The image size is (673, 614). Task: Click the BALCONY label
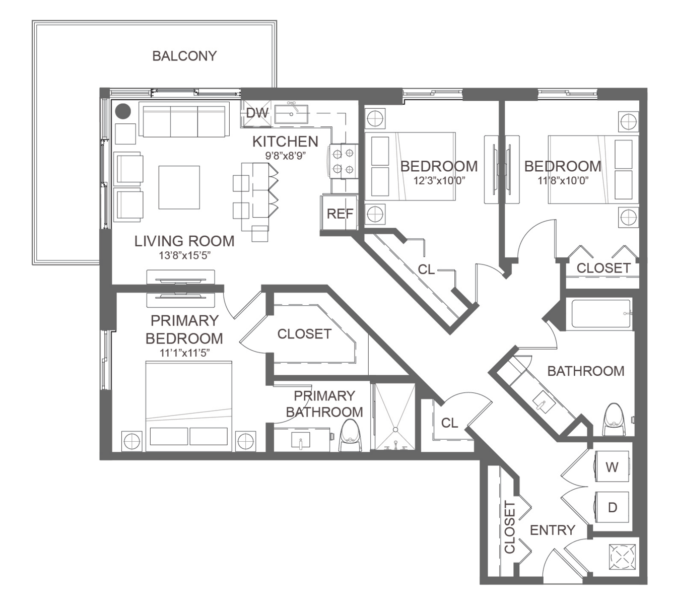[184, 56]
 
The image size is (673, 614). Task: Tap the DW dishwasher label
[257, 113]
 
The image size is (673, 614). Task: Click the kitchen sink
[291, 114]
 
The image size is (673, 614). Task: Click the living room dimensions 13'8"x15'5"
[184, 256]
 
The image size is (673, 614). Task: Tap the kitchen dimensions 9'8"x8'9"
[286, 156]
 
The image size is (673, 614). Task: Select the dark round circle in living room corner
[123, 111]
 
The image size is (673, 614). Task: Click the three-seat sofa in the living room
[184, 119]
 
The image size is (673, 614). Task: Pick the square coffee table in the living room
[179, 187]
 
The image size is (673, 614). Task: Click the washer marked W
[612, 466]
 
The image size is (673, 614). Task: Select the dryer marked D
[612, 507]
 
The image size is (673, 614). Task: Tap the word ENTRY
[553, 530]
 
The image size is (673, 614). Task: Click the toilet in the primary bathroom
[350, 435]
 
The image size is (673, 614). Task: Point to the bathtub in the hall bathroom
[601, 313]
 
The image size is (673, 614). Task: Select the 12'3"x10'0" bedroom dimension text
[439, 181]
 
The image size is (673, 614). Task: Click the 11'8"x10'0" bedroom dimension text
[563, 181]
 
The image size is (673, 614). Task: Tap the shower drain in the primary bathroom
[395, 430]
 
